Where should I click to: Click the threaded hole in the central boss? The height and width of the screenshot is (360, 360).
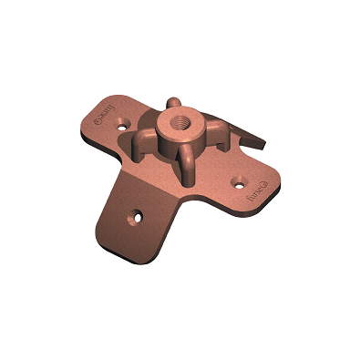pyautogui.click(x=173, y=119)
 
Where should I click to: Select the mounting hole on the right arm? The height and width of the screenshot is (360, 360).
pyautogui.click(x=239, y=180)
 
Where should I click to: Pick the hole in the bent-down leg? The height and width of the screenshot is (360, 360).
pyautogui.click(x=137, y=218)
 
